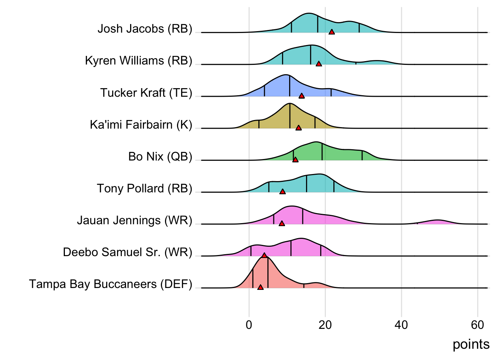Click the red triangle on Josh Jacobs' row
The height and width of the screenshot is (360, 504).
click(331, 32)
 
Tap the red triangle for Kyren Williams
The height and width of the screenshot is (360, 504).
click(319, 64)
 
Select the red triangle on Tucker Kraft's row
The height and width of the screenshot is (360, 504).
click(301, 96)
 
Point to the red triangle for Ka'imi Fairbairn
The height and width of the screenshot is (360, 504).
click(298, 128)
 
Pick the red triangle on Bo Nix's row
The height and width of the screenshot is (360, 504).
click(295, 160)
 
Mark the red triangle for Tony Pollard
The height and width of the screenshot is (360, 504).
click(283, 192)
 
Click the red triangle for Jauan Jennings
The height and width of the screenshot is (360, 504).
click(282, 223)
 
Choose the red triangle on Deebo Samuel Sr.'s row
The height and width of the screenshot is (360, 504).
click(264, 255)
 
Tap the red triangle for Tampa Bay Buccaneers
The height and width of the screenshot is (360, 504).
click(260, 287)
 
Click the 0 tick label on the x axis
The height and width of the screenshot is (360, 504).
click(249, 325)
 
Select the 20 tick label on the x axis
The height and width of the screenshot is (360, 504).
click(325, 325)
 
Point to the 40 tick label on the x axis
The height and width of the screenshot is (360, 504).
click(401, 325)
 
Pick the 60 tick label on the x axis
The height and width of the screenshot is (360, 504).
click(477, 325)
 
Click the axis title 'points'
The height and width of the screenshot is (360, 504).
click(471, 344)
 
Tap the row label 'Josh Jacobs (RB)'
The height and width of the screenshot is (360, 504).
click(145, 29)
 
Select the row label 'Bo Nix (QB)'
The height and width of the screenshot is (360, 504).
click(160, 156)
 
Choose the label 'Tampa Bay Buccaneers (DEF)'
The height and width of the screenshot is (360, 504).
click(111, 284)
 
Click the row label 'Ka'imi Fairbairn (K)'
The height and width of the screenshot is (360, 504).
click(141, 124)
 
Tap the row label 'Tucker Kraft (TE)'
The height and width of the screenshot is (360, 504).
click(146, 93)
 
